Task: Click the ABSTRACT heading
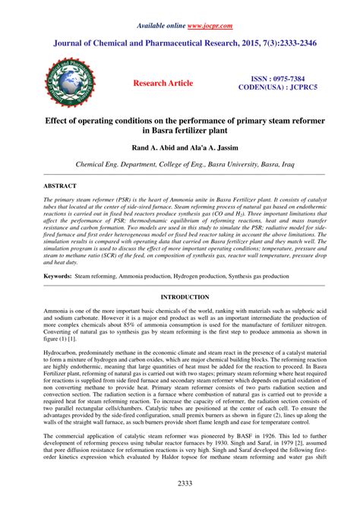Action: (x=60, y=185)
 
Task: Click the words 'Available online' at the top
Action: (x=162, y=25)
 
